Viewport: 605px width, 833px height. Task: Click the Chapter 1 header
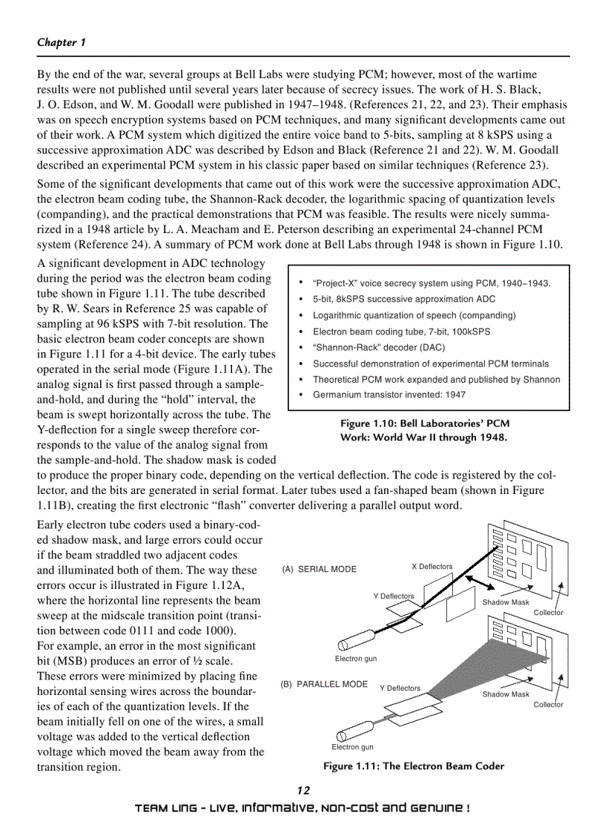pos(62,42)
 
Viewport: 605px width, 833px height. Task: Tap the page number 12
pos(302,790)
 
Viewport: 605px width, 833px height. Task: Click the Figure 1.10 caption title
pos(425,424)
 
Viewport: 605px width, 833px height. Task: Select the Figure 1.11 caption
pos(413,766)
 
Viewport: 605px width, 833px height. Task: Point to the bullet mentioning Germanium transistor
pos(389,395)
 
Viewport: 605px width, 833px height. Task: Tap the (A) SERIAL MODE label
pos(320,570)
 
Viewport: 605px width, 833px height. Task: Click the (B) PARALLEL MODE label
pos(324,684)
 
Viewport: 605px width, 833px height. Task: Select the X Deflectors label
pos(432,567)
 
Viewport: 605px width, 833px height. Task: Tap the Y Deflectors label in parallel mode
pos(400,688)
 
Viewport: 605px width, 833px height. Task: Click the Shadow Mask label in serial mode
pos(506,602)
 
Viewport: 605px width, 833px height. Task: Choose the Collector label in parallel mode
pos(548,705)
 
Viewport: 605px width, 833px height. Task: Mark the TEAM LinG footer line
pos(302,808)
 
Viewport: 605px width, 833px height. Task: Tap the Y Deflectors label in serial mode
pos(393,596)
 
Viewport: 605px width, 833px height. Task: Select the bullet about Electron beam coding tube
pos(401,332)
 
